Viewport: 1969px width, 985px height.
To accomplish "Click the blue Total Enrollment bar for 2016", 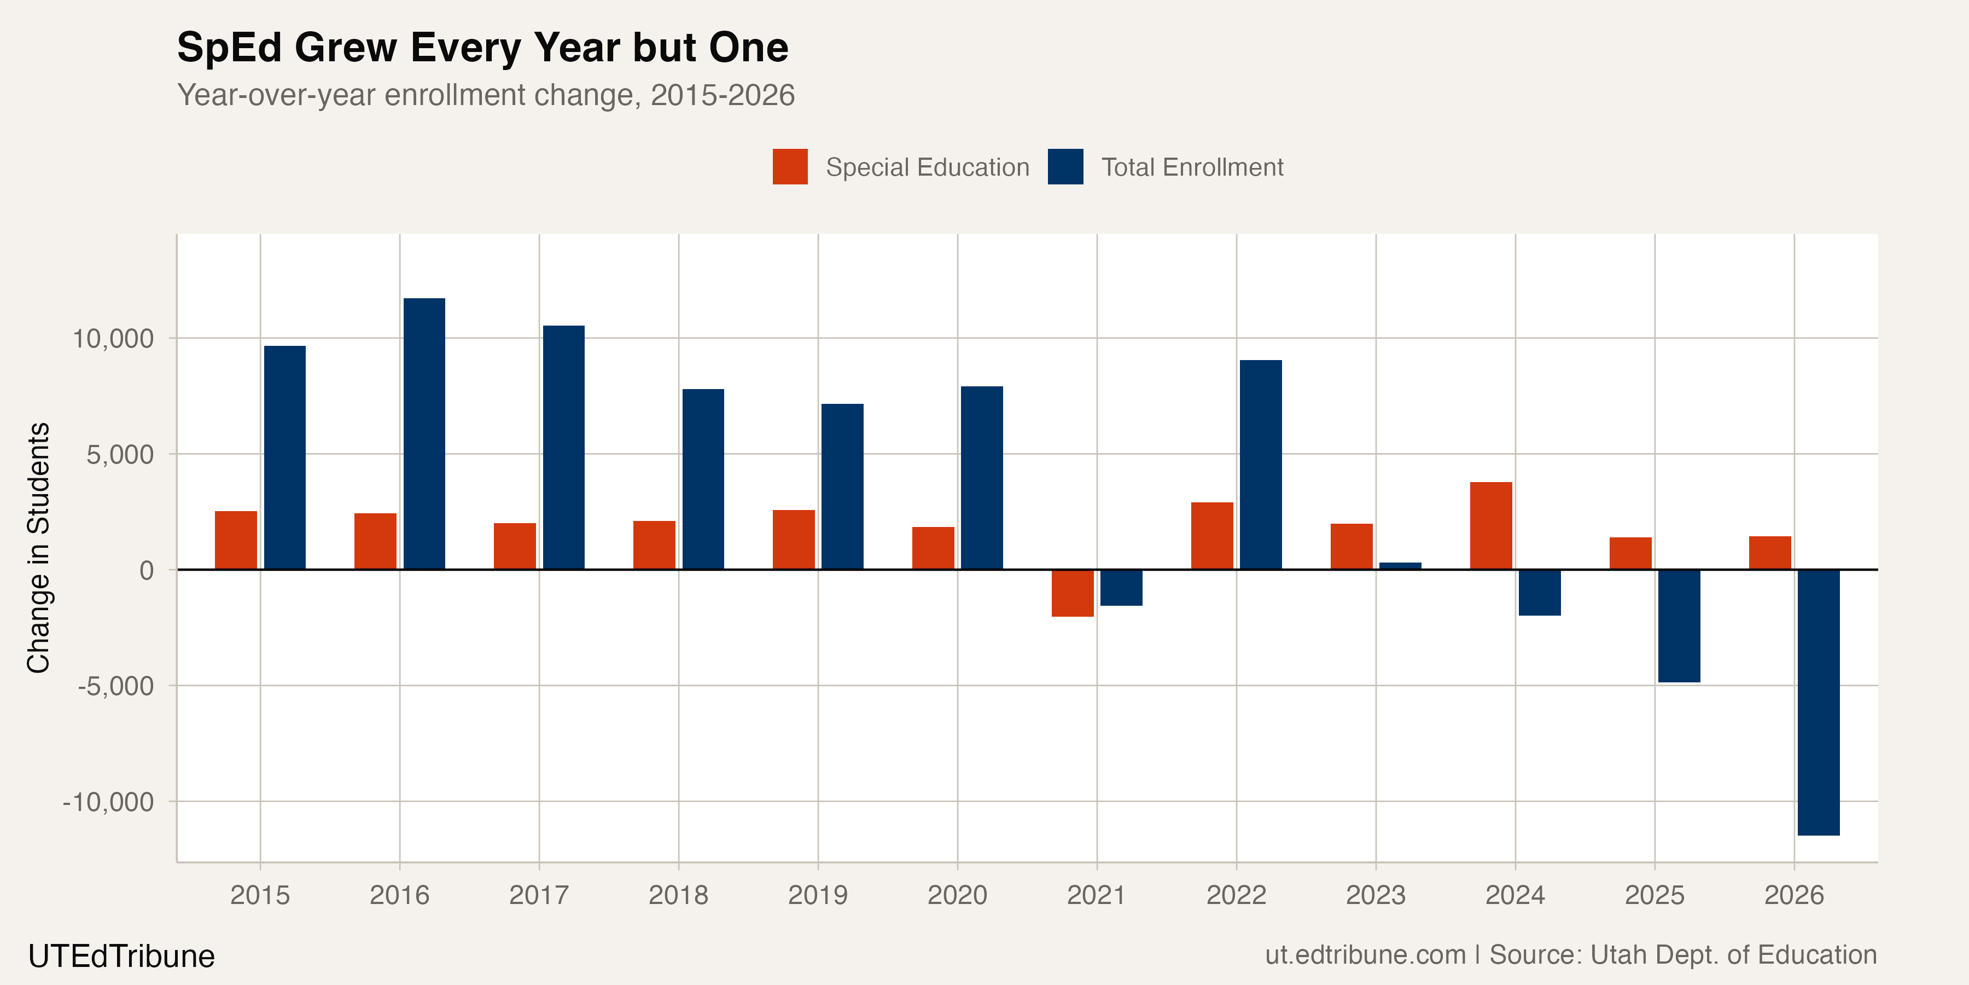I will tap(424, 433).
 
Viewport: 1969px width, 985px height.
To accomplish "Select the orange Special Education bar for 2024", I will tap(1490, 525).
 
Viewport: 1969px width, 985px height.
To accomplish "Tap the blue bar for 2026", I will tap(1819, 702).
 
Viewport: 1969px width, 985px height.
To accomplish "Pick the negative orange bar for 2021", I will tap(1073, 593).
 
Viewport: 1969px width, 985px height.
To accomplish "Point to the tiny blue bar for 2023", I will tap(1400, 566).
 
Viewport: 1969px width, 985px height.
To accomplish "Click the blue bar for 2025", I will tap(1679, 625).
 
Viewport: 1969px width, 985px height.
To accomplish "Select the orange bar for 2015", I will tap(235, 540).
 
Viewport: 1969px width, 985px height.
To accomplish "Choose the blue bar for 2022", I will tap(1261, 464).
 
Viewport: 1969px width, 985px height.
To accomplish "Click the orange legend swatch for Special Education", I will tap(790, 167).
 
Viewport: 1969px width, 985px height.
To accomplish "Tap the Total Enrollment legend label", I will tap(1192, 167).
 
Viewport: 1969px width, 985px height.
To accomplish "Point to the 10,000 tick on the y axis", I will tap(113, 338).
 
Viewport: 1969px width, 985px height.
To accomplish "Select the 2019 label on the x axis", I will tap(818, 895).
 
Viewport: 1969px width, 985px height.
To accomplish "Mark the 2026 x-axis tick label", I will tap(1794, 895).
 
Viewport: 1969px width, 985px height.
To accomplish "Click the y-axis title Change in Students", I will tap(38, 548).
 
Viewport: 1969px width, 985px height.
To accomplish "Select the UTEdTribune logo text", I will tap(121, 956).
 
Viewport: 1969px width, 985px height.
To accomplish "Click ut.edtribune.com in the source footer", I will tap(1365, 955).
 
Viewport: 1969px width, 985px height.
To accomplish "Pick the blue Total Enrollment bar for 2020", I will tap(981, 478).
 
